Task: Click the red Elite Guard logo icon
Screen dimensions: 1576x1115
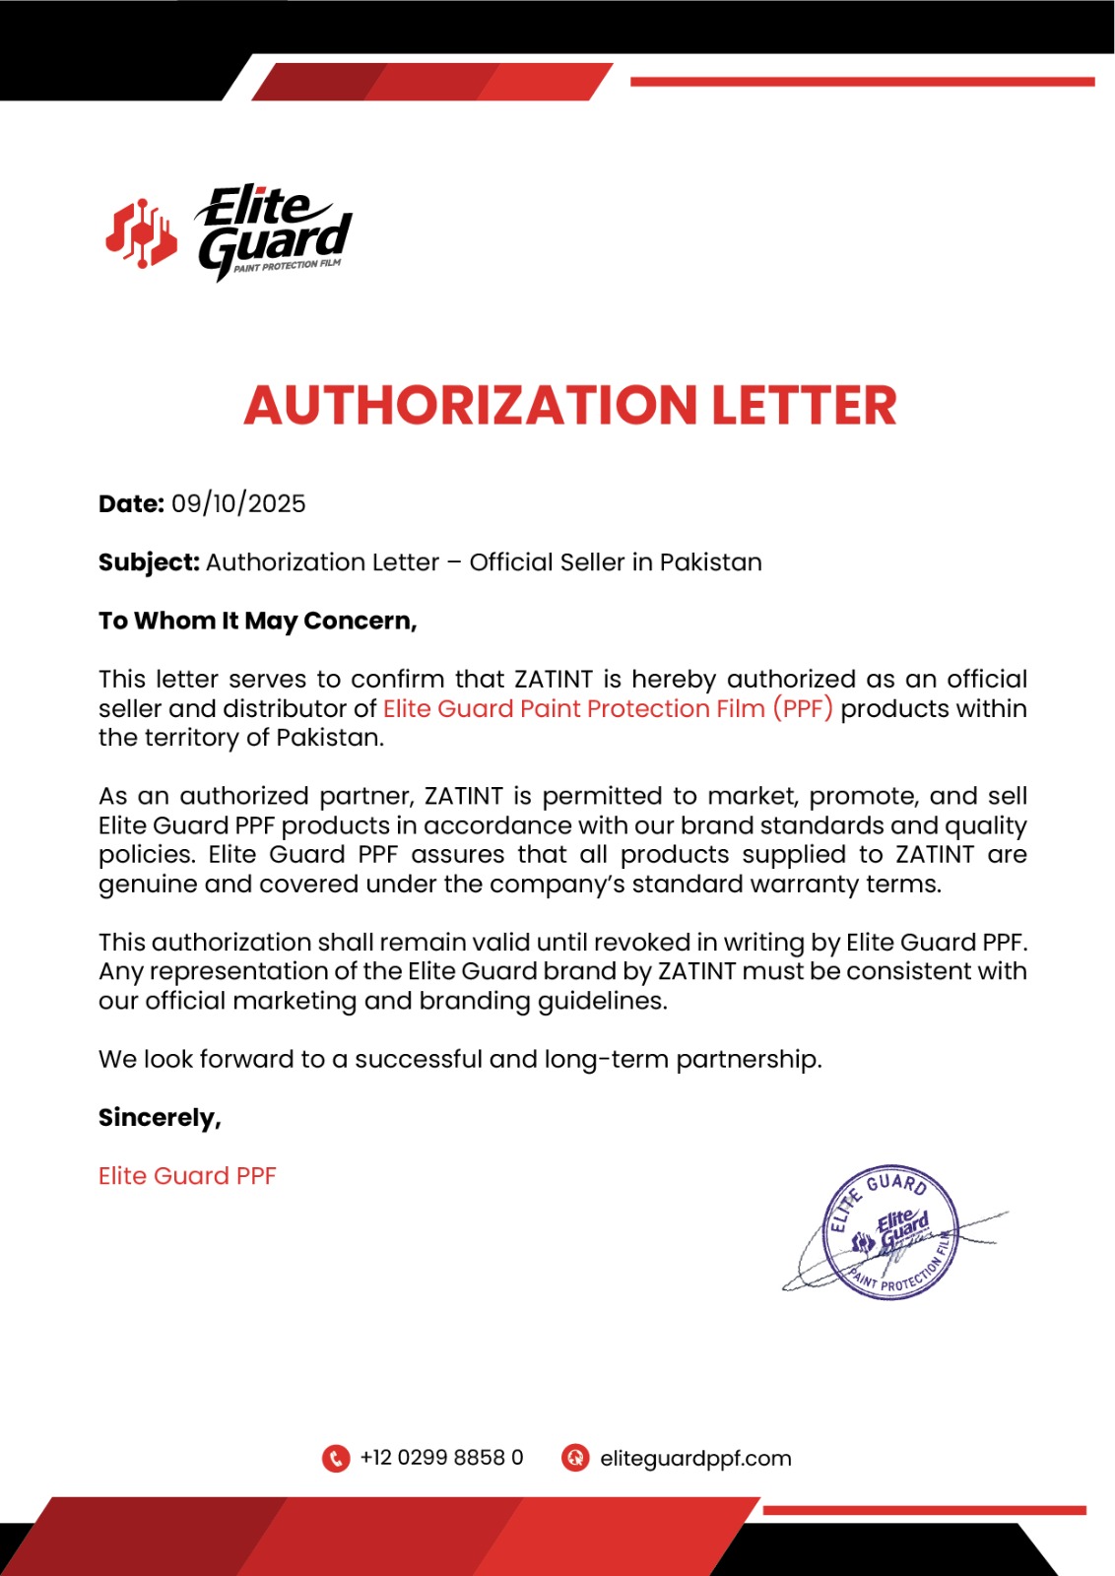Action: tap(141, 234)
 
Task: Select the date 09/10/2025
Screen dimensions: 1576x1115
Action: tap(238, 504)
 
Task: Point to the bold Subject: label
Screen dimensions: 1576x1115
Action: tap(149, 562)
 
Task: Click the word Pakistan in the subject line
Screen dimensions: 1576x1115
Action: tap(710, 562)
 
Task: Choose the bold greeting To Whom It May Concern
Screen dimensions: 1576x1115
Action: tap(257, 621)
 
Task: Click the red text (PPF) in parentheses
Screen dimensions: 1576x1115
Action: tap(803, 708)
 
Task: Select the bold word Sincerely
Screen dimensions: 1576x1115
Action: tap(160, 1118)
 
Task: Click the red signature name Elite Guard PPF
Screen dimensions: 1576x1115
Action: tap(187, 1176)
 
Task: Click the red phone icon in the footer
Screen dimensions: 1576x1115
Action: tap(336, 1458)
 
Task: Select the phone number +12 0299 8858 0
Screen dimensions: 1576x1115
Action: tap(441, 1458)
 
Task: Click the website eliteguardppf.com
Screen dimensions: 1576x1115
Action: tap(695, 1459)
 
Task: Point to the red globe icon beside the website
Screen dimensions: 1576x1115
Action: tap(575, 1458)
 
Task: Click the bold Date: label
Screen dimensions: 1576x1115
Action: tap(131, 504)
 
